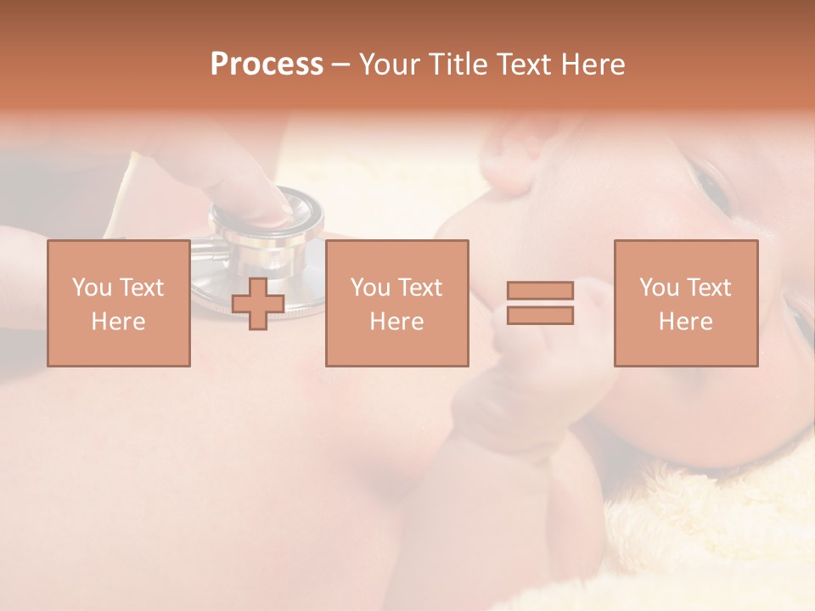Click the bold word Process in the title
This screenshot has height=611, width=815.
tap(267, 64)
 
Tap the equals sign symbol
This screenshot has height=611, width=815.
tap(540, 303)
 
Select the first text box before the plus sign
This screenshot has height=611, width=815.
tap(119, 304)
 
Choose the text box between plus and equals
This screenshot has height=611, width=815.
tap(396, 304)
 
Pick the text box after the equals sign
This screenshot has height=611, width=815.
tap(686, 304)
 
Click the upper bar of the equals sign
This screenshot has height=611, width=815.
tap(540, 291)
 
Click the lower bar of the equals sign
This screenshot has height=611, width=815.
tap(540, 315)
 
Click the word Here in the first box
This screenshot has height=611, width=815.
tap(118, 322)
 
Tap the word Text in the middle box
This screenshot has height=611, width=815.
tap(420, 288)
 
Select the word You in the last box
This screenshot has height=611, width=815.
tap(659, 288)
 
